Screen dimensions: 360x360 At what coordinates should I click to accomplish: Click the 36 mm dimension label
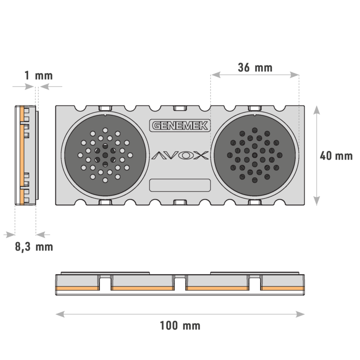pyautogui.click(x=255, y=67)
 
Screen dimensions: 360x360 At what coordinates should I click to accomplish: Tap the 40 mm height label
pyautogui.click(x=336, y=156)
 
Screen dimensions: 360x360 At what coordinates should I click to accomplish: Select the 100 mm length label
pyautogui.click(x=180, y=326)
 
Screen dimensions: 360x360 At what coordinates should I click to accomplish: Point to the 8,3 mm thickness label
pyautogui.click(x=34, y=247)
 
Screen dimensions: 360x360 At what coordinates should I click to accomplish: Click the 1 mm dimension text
pyautogui.click(x=38, y=75)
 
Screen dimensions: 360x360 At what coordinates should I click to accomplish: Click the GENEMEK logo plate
pyautogui.click(x=180, y=125)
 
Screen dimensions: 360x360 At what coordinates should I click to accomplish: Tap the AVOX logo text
pyautogui.click(x=180, y=156)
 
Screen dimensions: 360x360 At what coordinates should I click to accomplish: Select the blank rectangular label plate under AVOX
pyautogui.click(x=180, y=185)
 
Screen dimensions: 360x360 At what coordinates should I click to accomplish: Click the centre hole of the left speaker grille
pyautogui.click(x=105, y=155)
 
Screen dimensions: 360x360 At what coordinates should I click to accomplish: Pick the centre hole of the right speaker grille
pyautogui.click(x=255, y=155)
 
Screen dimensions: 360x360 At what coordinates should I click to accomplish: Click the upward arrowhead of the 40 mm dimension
pyautogui.click(x=316, y=110)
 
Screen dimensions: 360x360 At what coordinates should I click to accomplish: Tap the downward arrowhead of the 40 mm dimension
pyautogui.click(x=316, y=201)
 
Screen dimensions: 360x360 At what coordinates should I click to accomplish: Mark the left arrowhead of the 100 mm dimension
pyautogui.click(x=60, y=314)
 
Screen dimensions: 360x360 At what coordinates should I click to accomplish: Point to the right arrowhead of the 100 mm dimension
pyautogui.click(x=300, y=314)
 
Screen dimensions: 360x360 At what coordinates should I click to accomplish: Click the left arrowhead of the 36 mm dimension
pyautogui.click(x=216, y=75)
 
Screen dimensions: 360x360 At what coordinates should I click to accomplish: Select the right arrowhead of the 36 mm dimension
pyautogui.click(x=294, y=75)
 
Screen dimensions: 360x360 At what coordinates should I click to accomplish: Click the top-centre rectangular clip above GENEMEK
pyautogui.click(x=180, y=108)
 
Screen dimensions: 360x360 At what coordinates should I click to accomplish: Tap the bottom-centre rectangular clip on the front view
pyautogui.click(x=180, y=202)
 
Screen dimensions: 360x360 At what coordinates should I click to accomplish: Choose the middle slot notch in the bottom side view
pyautogui.click(x=180, y=283)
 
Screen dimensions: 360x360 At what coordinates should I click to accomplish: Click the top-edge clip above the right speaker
pyautogui.click(x=255, y=108)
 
